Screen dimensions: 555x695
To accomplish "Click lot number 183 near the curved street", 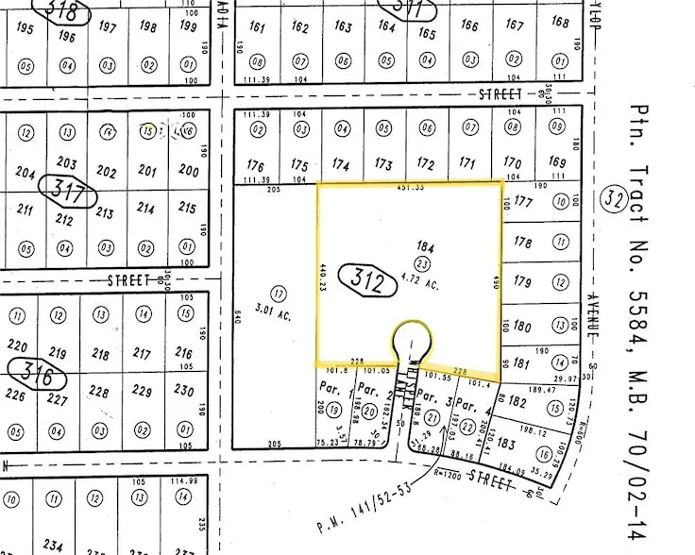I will coord(505,444).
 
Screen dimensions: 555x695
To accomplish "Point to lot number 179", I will coord(522,280).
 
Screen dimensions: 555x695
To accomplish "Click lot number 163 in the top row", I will coord(343,28).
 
